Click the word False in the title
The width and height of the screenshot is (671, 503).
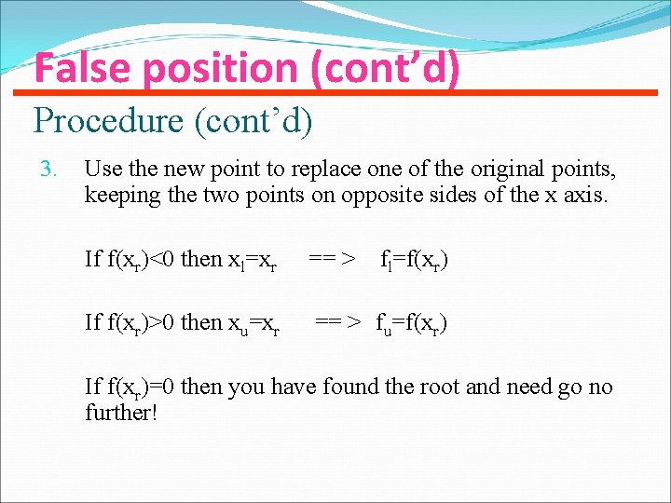[x=77, y=68]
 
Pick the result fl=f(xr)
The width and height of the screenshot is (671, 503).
[x=414, y=259]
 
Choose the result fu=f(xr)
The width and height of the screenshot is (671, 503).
[x=411, y=322]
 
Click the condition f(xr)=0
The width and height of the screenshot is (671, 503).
[x=130, y=387]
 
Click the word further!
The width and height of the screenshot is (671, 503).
[x=121, y=411]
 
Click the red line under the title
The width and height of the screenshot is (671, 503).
[x=335, y=92]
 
